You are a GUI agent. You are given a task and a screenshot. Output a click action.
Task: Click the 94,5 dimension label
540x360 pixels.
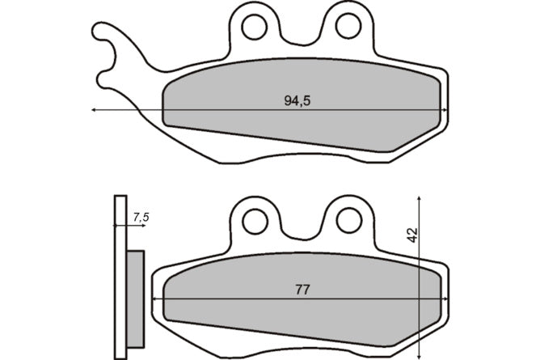point(297,101)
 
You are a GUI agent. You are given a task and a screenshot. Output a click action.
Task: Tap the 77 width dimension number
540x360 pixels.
point(302,290)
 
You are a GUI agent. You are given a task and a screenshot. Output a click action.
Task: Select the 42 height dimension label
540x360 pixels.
point(412,235)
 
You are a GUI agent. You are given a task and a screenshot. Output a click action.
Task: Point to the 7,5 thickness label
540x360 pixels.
point(141,218)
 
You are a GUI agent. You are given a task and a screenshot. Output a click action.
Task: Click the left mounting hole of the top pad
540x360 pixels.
point(254,27)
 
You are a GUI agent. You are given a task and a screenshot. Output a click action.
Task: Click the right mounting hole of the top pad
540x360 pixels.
point(348,26)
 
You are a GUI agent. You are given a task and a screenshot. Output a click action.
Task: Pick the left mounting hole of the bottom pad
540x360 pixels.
point(255,222)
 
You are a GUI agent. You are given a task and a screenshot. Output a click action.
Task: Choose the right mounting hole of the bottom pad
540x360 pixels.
point(349,221)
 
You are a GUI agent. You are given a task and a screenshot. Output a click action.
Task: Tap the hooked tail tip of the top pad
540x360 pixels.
point(95,30)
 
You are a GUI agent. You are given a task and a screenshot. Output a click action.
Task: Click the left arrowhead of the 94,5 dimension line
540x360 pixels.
point(93,110)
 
